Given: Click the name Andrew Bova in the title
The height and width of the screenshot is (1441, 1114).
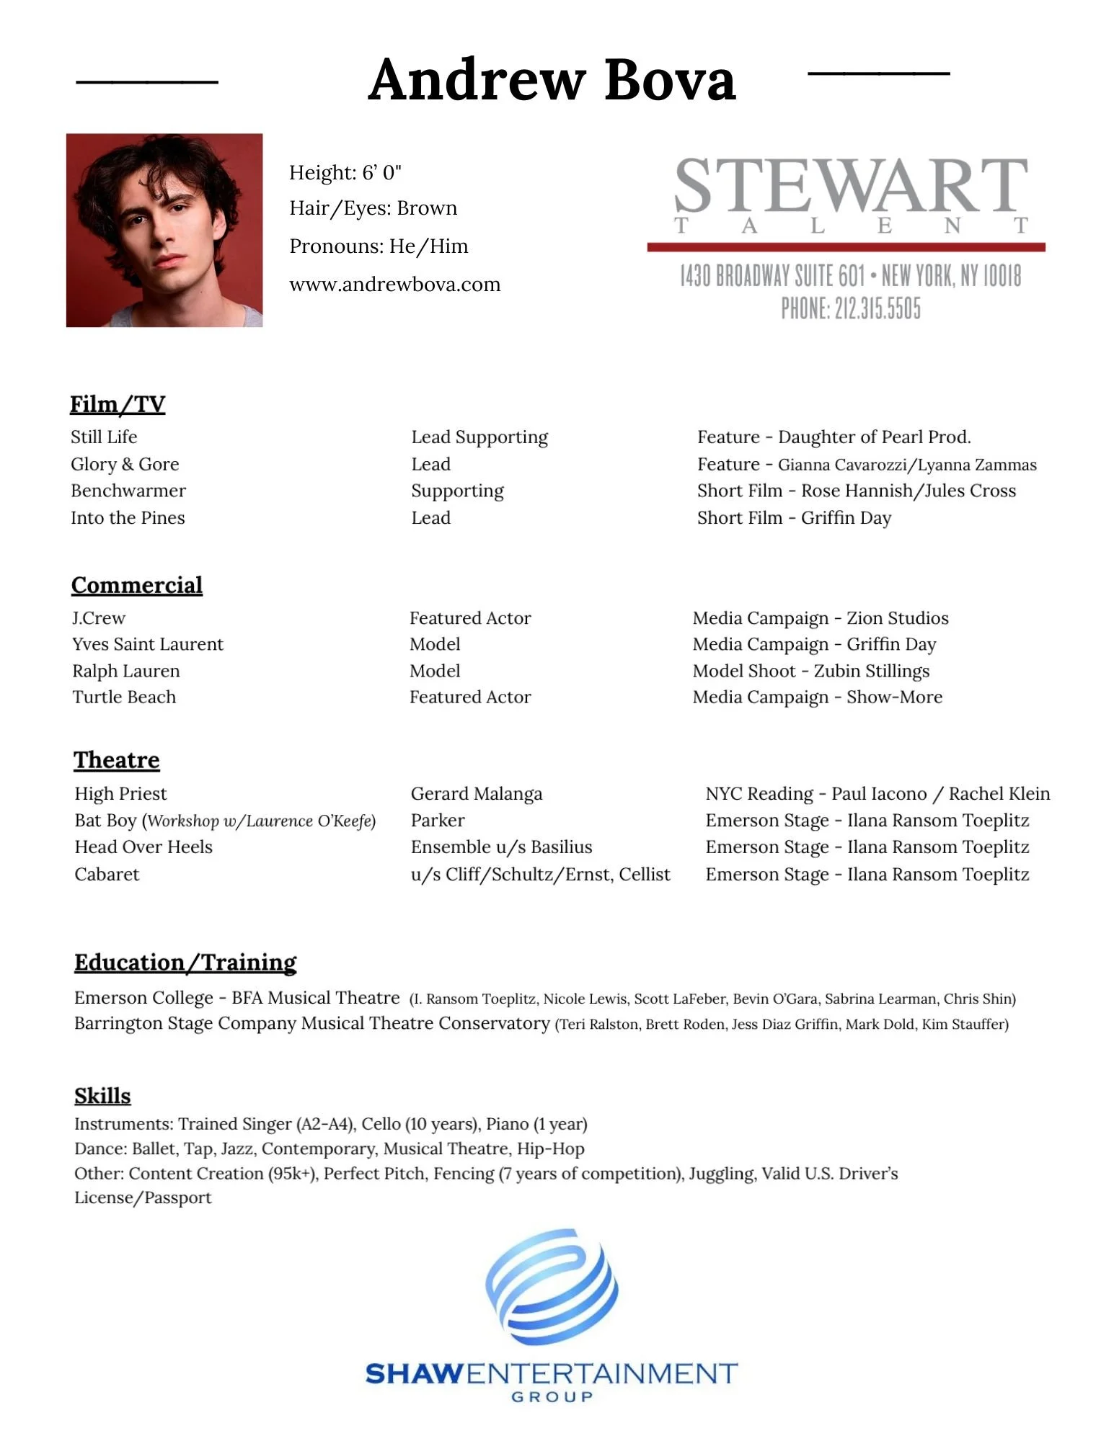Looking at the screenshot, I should tap(552, 79).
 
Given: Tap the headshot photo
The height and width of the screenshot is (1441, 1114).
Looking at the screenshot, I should tap(164, 230).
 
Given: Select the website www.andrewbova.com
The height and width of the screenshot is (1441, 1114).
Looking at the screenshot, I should tap(394, 285).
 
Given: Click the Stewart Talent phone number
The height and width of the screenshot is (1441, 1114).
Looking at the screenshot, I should tap(851, 309).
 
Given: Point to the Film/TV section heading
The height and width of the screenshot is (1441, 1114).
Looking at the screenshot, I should tap(118, 404).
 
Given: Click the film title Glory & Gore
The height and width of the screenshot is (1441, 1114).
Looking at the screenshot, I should tap(125, 464).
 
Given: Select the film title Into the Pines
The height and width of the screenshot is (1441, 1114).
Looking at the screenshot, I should tap(128, 518).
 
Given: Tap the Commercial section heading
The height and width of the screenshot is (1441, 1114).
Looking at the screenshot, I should tap(137, 585).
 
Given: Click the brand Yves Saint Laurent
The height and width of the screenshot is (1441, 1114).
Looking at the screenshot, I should tap(148, 644).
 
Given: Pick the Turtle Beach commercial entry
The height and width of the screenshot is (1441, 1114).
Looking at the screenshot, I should tap(124, 697).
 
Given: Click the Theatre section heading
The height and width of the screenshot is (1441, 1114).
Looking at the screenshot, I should tap(117, 760).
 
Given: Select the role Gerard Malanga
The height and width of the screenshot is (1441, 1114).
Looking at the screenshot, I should tap(477, 794).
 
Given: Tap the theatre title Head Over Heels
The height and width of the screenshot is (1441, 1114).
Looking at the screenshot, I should tap(143, 847).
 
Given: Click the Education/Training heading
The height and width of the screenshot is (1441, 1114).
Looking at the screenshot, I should tap(185, 963).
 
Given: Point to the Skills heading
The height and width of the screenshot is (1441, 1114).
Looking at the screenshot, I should tap(102, 1096).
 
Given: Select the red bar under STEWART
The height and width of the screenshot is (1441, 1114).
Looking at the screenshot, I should tap(846, 247).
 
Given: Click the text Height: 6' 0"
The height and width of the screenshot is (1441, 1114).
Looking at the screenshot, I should tap(345, 173).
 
